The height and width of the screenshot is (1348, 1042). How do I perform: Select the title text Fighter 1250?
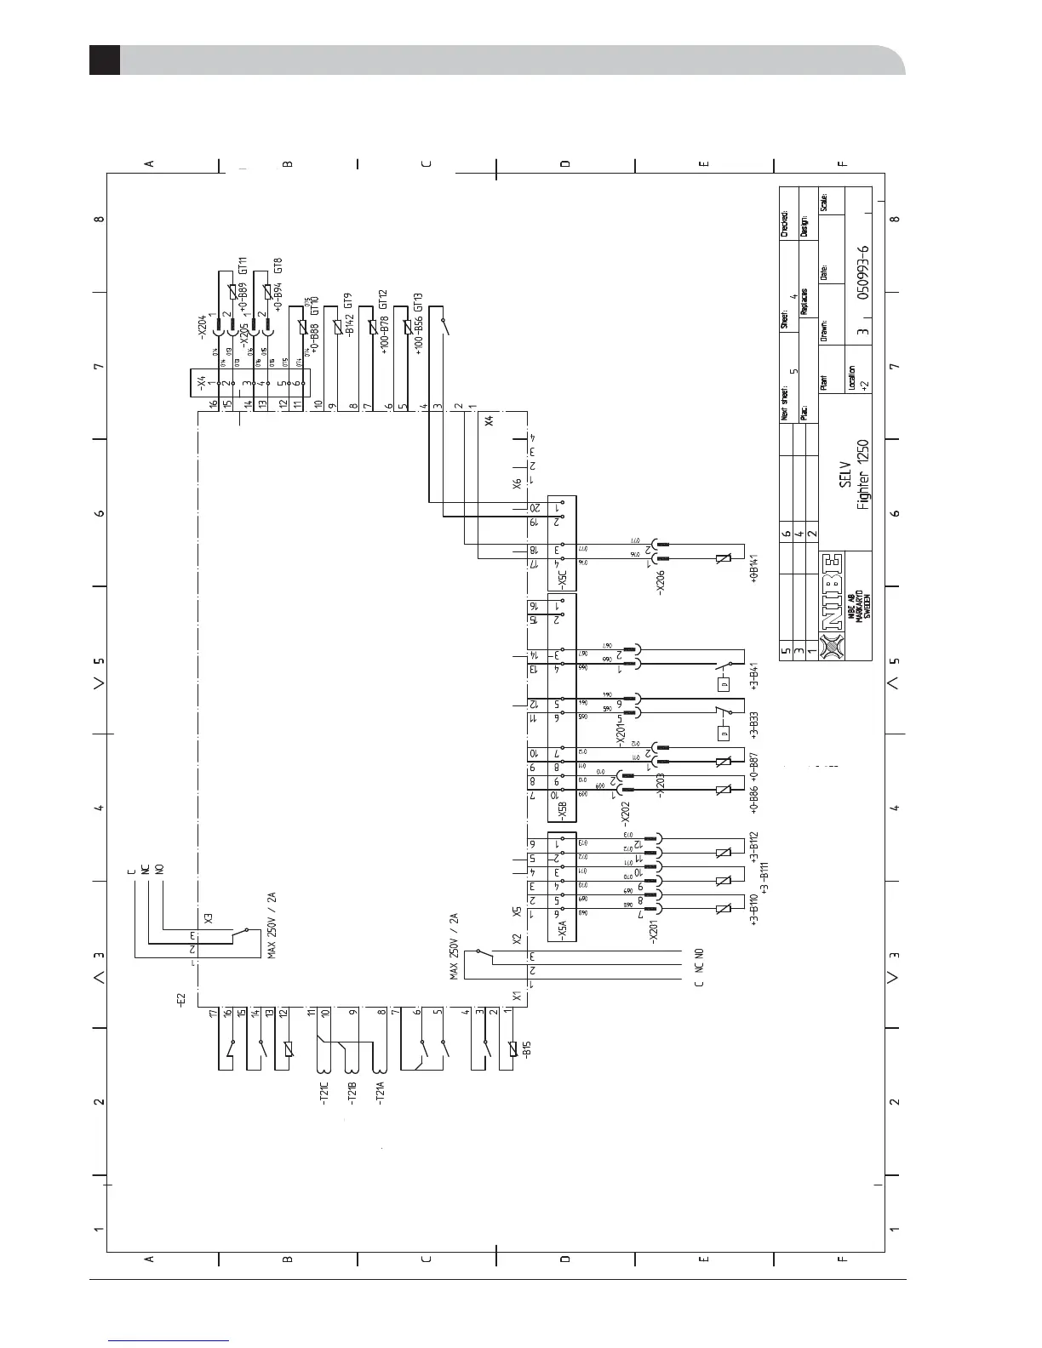pos(863,475)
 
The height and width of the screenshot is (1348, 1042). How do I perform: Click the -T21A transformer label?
pos(381,1092)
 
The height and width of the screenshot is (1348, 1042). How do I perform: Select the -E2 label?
pos(180,996)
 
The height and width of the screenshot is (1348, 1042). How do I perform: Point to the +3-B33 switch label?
pos(753,725)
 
